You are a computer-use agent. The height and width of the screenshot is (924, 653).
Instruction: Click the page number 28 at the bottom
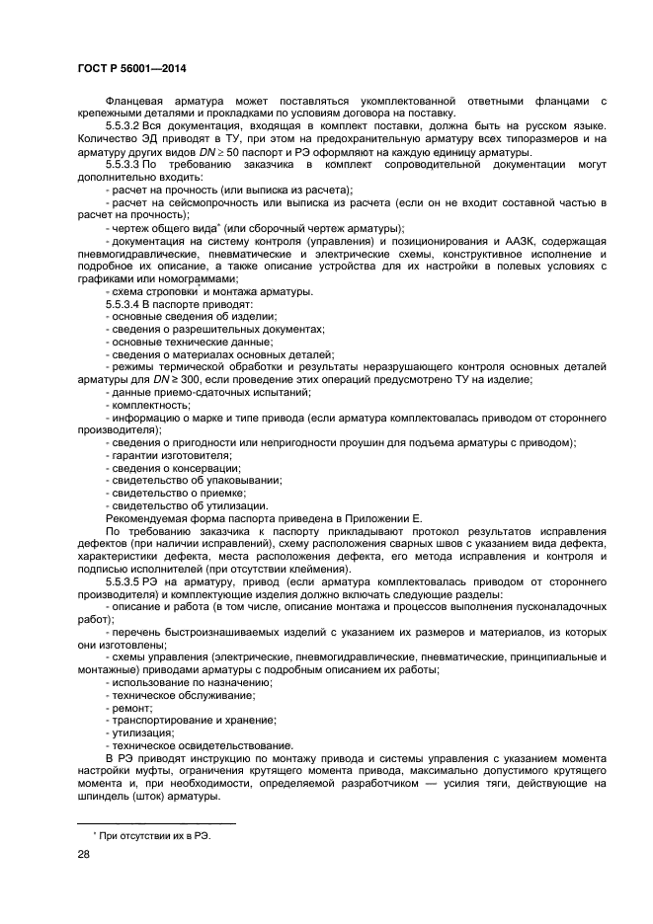[x=84, y=859]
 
